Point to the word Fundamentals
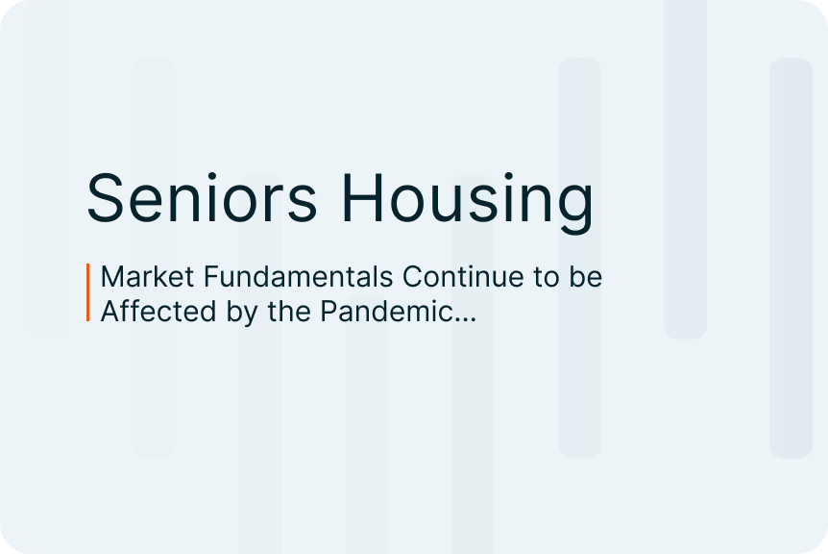click(x=299, y=276)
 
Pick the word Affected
click(x=158, y=311)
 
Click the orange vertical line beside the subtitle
click(x=87, y=292)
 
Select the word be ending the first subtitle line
click(x=585, y=276)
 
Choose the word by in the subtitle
click(x=242, y=313)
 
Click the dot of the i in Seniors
click(x=212, y=175)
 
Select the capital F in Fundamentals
click(x=211, y=276)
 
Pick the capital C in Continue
click(x=412, y=276)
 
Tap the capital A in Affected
click(x=110, y=311)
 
